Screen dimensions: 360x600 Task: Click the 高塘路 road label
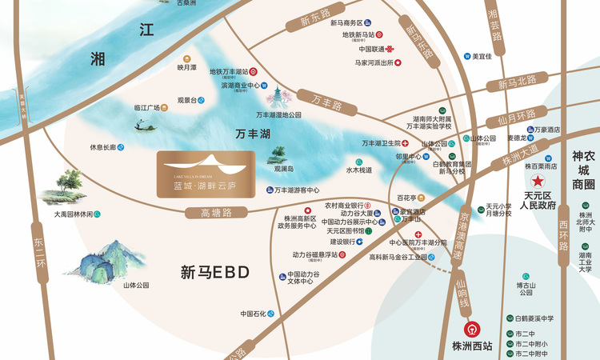tap(216, 213)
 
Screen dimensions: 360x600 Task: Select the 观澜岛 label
tap(284, 169)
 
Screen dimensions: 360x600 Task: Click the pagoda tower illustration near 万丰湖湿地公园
tap(279, 98)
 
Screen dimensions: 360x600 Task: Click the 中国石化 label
tap(253, 314)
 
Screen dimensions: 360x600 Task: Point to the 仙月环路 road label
tap(516, 115)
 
